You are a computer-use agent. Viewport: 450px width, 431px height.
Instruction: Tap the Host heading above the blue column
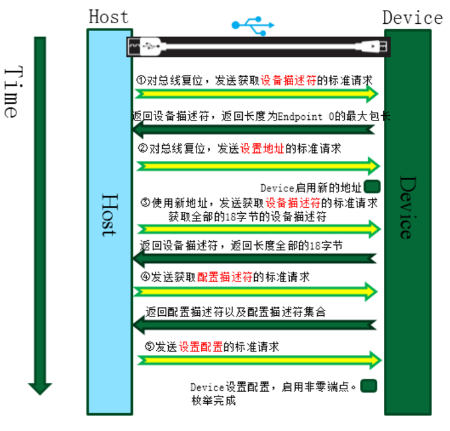tap(109, 16)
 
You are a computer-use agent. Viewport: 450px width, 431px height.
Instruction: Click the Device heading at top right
tap(412, 17)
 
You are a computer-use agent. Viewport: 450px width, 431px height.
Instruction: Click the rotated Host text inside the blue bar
tap(108, 215)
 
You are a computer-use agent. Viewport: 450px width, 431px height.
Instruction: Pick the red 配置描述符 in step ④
tap(225, 277)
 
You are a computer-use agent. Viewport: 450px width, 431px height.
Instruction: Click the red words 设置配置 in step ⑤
tap(201, 346)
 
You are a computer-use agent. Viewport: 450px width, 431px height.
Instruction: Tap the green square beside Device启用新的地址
tap(371, 187)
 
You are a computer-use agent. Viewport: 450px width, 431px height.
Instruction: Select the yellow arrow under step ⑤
tap(259, 360)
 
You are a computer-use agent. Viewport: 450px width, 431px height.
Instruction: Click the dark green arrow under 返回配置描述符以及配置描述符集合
tap(254, 324)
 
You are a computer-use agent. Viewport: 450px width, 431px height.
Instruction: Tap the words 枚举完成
tap(213, 401)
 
